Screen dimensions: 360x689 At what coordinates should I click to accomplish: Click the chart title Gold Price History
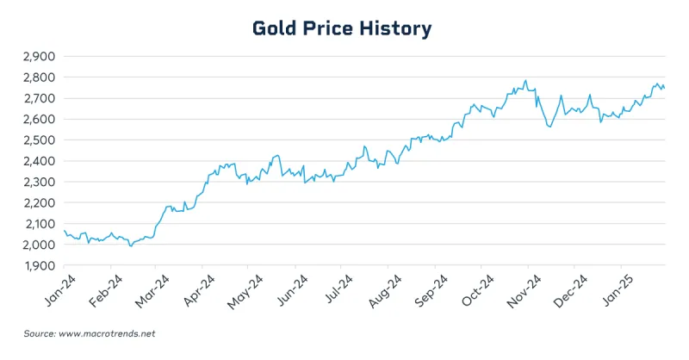(x=342, y=28)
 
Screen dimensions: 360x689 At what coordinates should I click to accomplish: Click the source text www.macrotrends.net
(x=103, y=333)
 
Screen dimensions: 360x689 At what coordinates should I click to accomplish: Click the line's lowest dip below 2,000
(x=131, y=245)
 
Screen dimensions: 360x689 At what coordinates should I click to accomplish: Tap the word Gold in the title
(x=276, y=28)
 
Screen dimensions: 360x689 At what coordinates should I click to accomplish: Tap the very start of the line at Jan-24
(x=64, y=230)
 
